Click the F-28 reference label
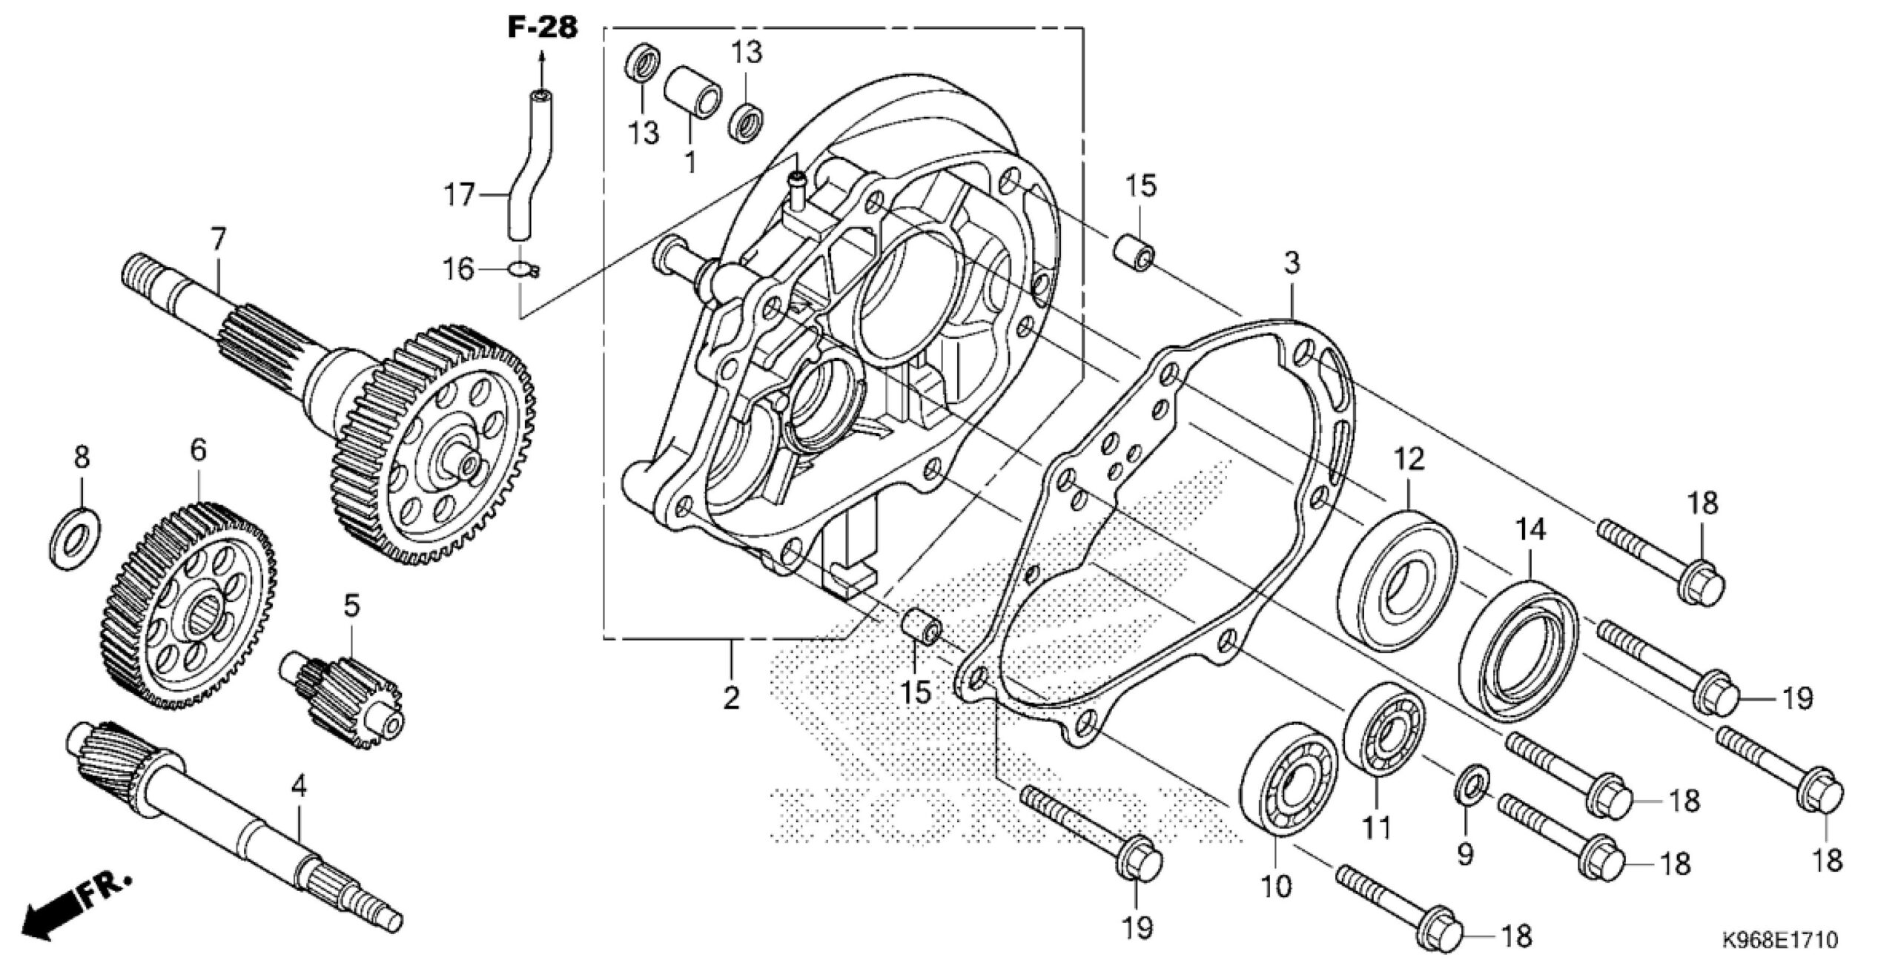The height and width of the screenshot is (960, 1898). [x=542, y=27]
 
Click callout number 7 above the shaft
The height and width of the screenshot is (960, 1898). [x=217, y=239]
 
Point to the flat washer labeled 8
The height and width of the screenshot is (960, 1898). [x=76, y=538]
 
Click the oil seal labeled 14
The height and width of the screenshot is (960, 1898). [x=1518, y=651]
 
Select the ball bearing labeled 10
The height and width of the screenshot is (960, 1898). [x=1289, y=787]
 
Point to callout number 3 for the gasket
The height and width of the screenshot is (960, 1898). [x=1292, y=262]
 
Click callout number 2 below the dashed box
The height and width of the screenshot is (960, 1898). [x=731, y=697]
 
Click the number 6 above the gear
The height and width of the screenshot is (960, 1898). [x=198, y=450]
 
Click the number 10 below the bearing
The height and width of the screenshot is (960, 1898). [x=1277, y=886]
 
